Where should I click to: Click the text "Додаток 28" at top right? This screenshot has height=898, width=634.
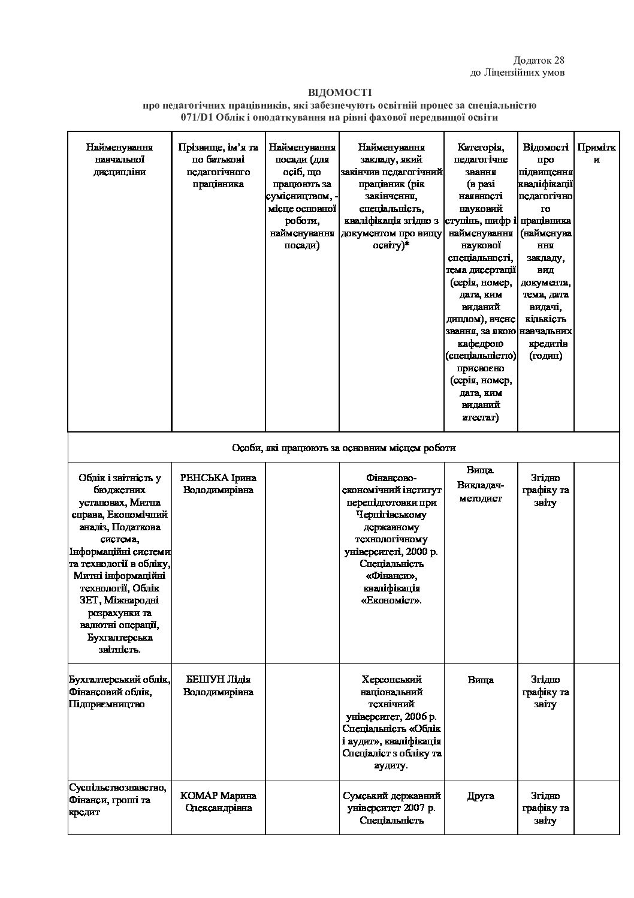click(539, 60)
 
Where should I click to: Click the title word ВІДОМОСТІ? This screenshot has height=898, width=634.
click(340, 92)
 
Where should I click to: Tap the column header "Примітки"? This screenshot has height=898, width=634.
click(596, 153)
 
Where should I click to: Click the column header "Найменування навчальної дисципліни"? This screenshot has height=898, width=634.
click(119, 159)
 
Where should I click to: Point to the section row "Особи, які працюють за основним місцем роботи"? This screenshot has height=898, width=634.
click(343, 448)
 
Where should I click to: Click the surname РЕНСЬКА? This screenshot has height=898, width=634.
click(205, 478)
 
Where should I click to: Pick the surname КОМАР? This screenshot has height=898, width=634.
click(199, 795)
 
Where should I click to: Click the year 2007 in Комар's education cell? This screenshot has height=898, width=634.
click(412, 807)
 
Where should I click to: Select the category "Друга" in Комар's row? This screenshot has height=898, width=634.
click(481, 795)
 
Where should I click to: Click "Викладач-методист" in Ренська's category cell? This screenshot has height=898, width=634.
click(481, 491)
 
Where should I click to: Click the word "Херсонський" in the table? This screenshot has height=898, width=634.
click(392, 680)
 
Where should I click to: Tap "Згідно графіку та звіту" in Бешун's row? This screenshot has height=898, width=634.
click(545, 692)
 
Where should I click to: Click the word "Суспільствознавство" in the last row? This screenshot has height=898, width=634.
click(117, 787)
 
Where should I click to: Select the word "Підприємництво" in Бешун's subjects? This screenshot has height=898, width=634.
click(107, 704)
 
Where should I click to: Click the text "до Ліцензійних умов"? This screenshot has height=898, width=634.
click(518, 73)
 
